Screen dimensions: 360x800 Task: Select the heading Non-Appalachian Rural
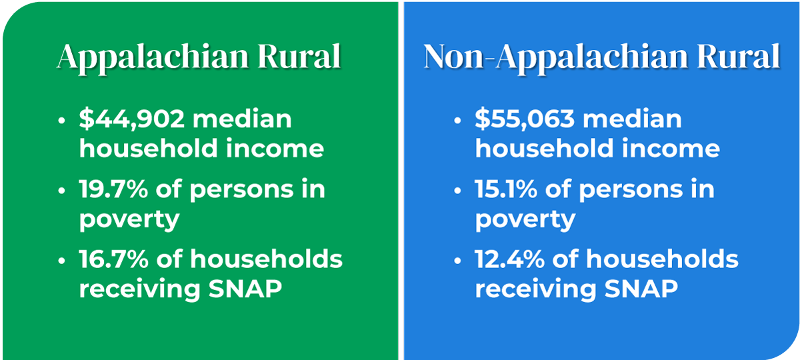[602, 58]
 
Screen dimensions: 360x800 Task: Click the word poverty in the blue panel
[524, 219]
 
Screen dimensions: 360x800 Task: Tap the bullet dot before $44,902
[62, 121]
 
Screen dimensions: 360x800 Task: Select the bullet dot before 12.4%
[458, 260]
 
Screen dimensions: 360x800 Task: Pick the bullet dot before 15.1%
[458, 191]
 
